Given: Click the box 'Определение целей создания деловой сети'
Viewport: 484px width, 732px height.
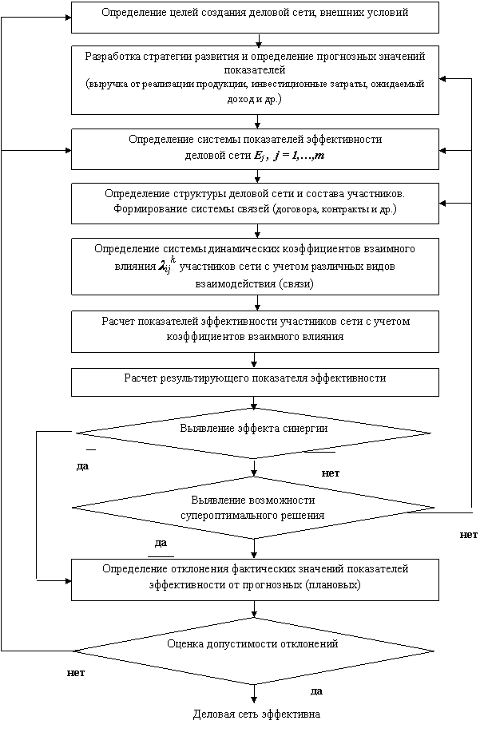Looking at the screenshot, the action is click(255, 18).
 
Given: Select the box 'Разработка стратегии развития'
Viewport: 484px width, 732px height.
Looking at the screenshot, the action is click(255, 80).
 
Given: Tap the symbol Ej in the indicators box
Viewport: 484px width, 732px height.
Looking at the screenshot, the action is click(260, 156).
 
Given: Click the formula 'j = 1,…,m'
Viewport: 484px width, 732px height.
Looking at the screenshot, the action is click(300, 156).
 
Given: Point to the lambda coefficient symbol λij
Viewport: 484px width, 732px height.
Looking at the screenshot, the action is click(165, 267).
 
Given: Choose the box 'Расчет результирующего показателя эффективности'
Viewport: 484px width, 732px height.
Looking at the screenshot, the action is click(255, 382).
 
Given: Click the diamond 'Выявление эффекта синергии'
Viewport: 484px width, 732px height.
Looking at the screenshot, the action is click(254, 433).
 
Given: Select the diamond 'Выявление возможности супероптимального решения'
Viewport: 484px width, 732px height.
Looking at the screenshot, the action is click(254, 508).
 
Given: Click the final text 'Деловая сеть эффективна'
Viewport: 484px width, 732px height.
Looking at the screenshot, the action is click(257, 714).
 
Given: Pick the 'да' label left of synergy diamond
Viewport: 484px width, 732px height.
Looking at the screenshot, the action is click(82, 466).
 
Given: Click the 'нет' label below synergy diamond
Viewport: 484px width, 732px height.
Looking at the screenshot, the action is click(331, 473).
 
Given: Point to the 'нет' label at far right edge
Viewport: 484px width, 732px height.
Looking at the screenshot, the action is click(469, 535).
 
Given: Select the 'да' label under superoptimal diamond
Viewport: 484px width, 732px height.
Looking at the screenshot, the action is click(161, 543).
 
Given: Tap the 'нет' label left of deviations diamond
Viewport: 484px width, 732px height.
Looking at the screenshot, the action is click(76, 673).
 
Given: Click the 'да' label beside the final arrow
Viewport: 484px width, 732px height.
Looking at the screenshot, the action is click(316, 691).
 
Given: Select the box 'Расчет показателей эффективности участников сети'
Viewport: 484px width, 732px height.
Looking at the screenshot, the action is click(255, 331).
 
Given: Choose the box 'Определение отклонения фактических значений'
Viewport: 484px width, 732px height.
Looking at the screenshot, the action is click(255, 580).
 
